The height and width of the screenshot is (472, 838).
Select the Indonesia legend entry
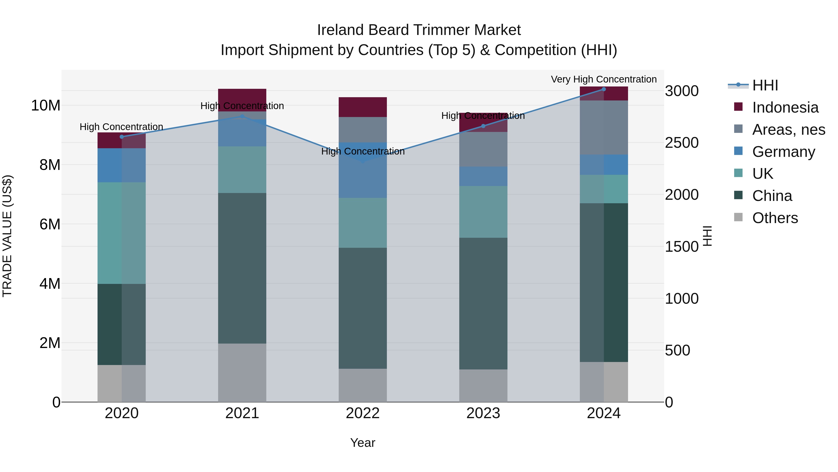pos(785,107)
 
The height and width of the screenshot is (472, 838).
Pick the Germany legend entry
pos(783,152)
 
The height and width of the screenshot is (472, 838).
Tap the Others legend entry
pos(775,218)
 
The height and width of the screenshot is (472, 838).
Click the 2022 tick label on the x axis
pos(362,413)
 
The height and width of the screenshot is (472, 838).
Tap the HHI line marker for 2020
pos(122,137)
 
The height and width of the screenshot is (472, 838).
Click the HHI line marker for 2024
pos(604,89)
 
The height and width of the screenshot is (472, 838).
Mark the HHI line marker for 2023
pos(483,126)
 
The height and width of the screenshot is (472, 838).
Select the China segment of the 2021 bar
pos(242,268)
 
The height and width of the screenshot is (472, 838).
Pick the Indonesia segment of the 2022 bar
pos(363,107)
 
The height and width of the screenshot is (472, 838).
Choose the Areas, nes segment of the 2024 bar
pos(604,127)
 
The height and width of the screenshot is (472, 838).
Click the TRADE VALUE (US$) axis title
pos(7,236)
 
